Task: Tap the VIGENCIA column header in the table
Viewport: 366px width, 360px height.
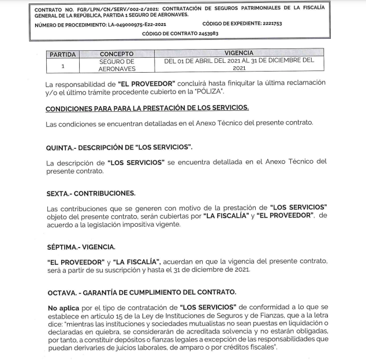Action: [238, 53]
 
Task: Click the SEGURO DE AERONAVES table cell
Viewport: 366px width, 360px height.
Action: [117, 64]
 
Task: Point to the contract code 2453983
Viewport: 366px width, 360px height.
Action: [207, 33]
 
